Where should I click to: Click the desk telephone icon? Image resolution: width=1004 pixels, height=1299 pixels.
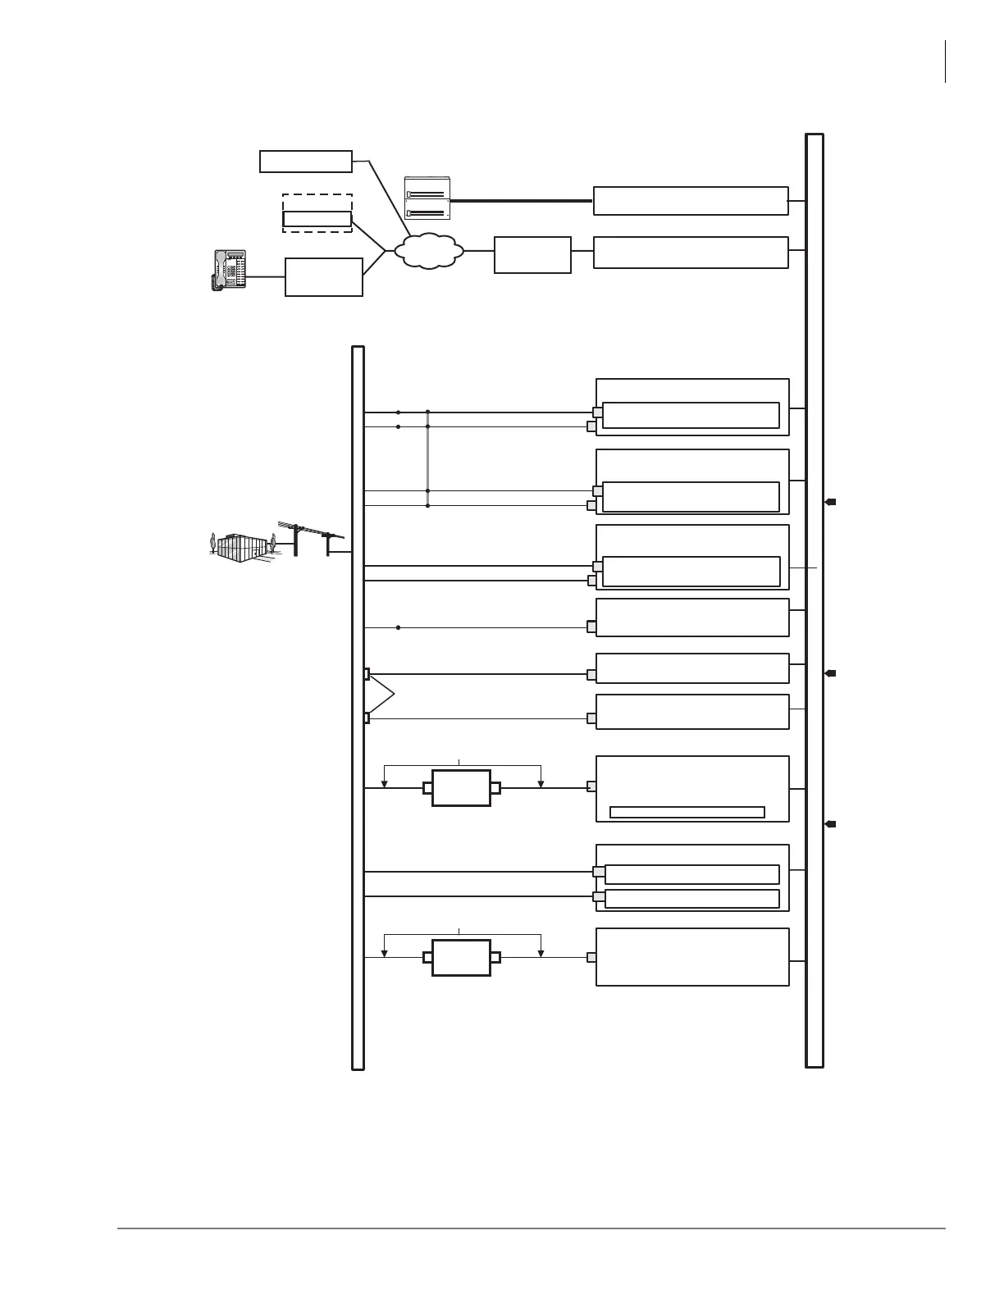pos(228,270)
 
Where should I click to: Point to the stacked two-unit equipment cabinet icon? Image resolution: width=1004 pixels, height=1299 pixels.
pos(427,198)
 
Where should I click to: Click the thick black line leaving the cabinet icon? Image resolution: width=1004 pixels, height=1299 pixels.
pos(521,200)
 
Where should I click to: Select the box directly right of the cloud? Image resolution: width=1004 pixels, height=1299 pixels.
pos(532,255)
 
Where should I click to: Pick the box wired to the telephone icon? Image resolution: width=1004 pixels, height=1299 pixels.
pos(324,276)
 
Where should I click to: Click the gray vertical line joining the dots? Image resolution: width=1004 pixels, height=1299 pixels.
pos(427,459)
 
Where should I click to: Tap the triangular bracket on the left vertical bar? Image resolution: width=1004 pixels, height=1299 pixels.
pos(382,695)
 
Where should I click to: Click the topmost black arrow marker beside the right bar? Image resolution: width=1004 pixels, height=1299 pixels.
pos(830,502)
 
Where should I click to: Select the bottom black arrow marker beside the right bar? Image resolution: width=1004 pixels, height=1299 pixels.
pos(830,823)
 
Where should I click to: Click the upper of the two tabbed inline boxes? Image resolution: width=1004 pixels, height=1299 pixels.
pos(461,788)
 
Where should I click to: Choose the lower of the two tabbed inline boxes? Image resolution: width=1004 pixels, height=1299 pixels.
pos(461,957)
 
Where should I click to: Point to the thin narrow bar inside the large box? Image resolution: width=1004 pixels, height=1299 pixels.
pos(687,812)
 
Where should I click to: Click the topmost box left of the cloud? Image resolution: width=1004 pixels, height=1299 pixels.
pos(306,162)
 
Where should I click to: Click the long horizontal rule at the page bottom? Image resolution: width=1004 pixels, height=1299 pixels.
pos(531,1228)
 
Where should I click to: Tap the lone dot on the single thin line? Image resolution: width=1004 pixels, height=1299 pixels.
pos(398,627)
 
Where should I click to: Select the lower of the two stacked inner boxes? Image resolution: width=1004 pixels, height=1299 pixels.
pos(691,898)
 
